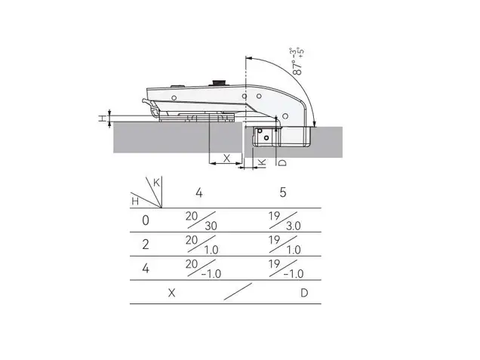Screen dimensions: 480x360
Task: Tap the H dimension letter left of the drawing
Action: click(102, 118)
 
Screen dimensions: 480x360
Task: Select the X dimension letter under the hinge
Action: click(226, 158)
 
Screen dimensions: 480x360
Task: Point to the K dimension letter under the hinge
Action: click(262, 162)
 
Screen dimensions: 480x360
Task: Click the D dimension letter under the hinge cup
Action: click(283, 162)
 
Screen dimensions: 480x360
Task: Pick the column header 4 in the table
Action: click(199, 193)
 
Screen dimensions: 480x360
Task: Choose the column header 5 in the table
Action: click(283, 192)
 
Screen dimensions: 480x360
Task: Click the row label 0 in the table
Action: click(146, 220)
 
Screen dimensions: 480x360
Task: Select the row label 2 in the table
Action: click(146, 245)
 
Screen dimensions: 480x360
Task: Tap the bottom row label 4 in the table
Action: click(146, 268)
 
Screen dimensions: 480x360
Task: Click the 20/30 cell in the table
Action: click(201, 220)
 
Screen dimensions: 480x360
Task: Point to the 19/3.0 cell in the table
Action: click(285, 220)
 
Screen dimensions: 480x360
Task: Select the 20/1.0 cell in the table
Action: click(202, 245)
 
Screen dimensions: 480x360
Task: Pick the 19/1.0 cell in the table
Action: click(285, 245)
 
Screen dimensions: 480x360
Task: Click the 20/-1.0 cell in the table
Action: click(203, 269)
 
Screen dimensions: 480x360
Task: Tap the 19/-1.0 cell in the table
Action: click(286, 269)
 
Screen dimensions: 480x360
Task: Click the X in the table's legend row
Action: click(172, 293)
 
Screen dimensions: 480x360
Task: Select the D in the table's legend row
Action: click(304, 293)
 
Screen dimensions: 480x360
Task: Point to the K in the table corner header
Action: click(156, 183)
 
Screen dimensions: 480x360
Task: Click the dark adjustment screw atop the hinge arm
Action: click(218, 83)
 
